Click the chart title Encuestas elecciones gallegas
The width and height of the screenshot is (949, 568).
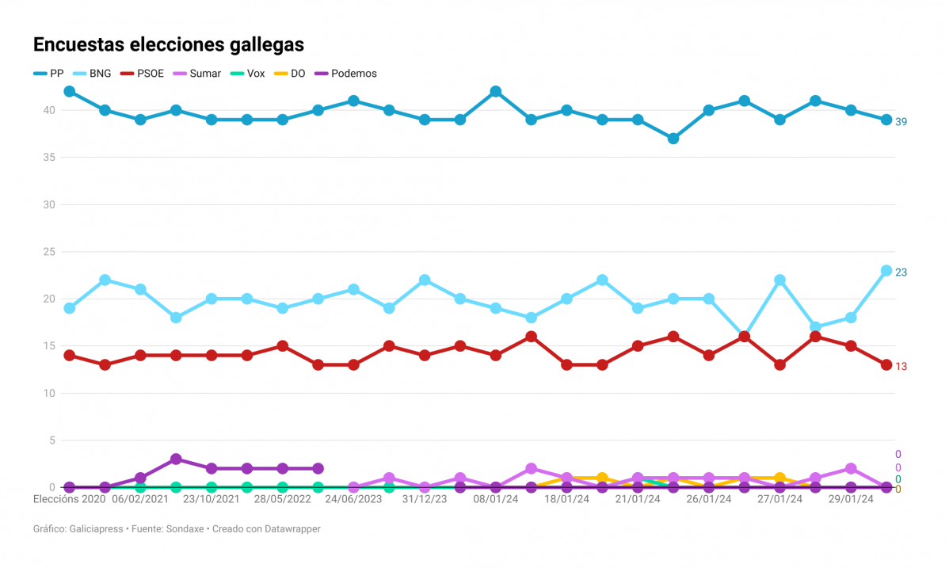click(x=168, y=44)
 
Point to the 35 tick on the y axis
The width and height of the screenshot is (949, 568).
click(x=48, y=158)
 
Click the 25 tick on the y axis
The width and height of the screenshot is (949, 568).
click(x=48, y=252)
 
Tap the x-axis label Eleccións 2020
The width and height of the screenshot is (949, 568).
click(x=69, y=500)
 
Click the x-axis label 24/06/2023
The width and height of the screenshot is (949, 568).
click(x=353, y=500)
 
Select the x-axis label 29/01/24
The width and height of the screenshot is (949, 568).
click(x=851, y=500)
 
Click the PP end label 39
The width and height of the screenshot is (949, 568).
click(x=901, y=121)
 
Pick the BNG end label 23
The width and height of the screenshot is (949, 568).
click(x=901, y=273)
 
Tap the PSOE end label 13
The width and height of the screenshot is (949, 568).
click(x=901, y=367)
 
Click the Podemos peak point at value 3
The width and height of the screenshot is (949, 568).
click(x=176, y=459)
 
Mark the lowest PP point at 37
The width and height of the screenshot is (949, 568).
click(x=673, y=139)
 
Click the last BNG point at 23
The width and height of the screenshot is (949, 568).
click(x=886, y=271)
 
